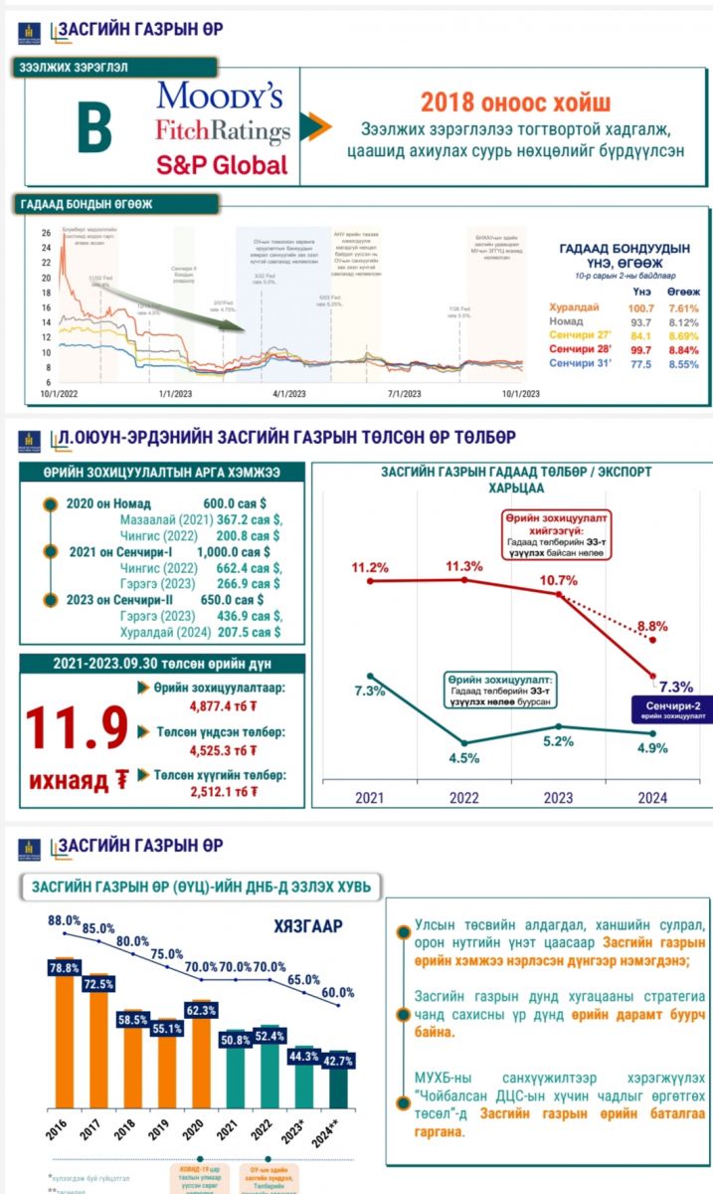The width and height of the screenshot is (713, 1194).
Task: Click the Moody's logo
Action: coord(219,97)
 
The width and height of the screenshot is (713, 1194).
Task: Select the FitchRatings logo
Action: coord(223,131)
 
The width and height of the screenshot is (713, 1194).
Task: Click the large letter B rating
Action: coord(94,130)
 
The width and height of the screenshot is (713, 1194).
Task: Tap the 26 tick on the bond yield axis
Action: coord(45,233)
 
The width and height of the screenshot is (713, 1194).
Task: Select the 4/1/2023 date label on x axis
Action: coord(288,394)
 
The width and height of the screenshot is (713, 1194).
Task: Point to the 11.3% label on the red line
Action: coord(465,566)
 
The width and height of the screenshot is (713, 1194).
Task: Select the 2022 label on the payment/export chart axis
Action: coord(464,797)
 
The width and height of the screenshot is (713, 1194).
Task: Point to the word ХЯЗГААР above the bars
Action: coord(308,926)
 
